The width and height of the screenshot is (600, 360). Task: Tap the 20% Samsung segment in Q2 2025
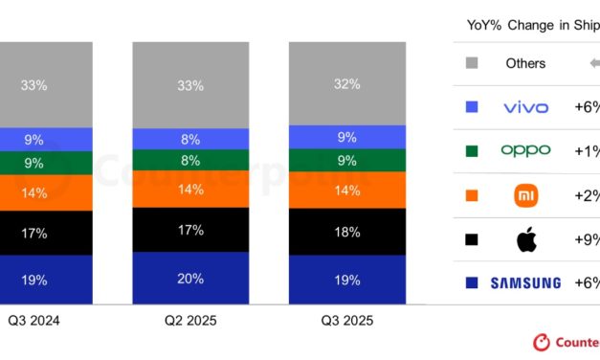pyautogui.click(x=190, y=279)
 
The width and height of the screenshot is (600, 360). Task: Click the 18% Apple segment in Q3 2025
pyautogui.click(x=348, y=233)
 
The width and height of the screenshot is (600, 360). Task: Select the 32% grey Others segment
pyautogui.click(x=348, y=83)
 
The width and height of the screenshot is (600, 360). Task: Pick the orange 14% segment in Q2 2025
pyautogui.click(x=190, y=190)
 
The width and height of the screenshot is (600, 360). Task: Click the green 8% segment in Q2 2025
pyautogui.click(x=190, y=161)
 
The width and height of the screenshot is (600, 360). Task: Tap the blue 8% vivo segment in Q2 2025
pyautogui.click(x=190, y=139)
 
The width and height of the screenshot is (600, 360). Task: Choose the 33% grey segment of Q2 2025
pyautogui.click(x=190, y=85)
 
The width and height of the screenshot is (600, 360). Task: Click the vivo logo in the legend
pyautogui.click(x=525, y=107)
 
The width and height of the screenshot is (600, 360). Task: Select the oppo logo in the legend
pyautogui.click(x=525, y=150)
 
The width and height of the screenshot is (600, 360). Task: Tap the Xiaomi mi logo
pyautogui.click(x=525, y=195)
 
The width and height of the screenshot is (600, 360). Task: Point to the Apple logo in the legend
pyautogui.click(x=525, y=239)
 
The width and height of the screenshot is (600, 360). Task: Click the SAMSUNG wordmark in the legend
pyautogui.click(x=525, y=282)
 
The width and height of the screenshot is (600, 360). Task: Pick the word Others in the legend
pyautogui.click(x=525, y=63)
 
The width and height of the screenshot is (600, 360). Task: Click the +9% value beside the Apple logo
pyautogui.click(x=586, y=239)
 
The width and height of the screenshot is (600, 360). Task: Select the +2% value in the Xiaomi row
pyautogui.click(x=586, y=195)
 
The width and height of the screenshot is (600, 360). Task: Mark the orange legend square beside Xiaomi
pyautogui.click(x=470, y=195)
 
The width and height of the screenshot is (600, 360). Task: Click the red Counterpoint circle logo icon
pyautogui.click(x=543, y=342)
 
